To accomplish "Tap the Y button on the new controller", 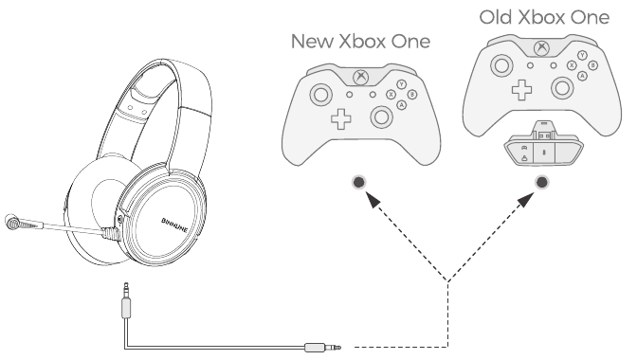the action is click(401, 84).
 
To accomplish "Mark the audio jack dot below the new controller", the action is click(359, 181).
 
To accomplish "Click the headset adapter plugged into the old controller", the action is click(540, 144).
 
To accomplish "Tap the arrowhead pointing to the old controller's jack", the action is click(527, 200).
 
